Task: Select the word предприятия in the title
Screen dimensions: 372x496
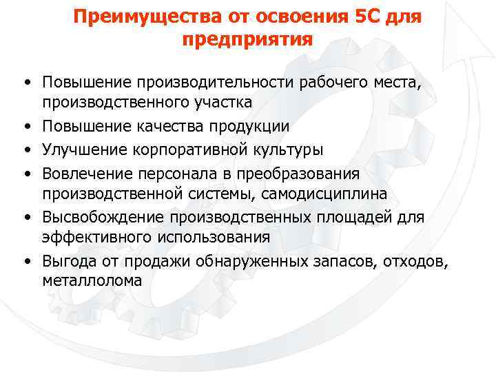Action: [x=247, y=39]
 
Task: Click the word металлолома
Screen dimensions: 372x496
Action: [x=92, y=280]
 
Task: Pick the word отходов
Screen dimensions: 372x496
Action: [x=413, y=261]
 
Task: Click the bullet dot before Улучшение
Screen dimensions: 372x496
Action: [x=26, y=149]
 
